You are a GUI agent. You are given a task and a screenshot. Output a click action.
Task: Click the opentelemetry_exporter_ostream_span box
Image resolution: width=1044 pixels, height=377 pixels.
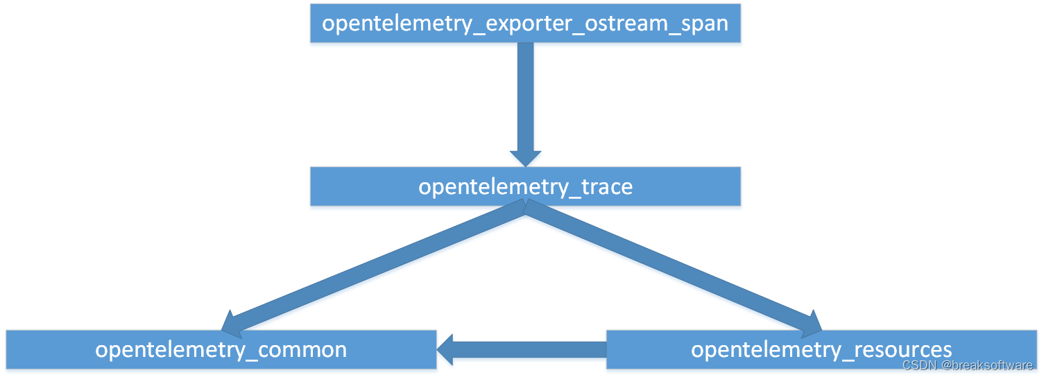click(525, 24)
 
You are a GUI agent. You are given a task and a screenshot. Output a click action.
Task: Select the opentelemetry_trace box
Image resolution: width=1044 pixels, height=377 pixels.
click(525, 186)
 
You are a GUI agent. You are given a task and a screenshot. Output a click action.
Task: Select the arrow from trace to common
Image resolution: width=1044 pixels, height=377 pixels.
click(375, 267)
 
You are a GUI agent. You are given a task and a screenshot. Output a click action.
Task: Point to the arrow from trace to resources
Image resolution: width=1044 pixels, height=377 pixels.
click(673, 267)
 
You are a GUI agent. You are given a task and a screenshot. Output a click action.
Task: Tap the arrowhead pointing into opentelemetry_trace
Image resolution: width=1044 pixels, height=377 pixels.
click(525, 157)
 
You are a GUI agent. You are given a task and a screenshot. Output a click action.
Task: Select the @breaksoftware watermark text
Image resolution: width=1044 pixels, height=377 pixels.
click(987, 365)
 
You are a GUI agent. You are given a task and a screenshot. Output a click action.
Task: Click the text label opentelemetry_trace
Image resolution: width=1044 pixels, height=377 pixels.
click(525, 186)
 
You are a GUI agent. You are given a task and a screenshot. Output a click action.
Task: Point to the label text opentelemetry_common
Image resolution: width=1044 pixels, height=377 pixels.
click(221, 349)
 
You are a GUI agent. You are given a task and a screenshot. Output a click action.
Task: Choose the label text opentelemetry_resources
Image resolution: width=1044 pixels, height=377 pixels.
click(821, 349)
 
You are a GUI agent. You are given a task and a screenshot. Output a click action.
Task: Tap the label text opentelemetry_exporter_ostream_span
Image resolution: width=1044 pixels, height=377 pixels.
click(525, 24)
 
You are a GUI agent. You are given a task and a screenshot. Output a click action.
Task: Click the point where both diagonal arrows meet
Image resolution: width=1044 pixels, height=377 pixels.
click(525, 209)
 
